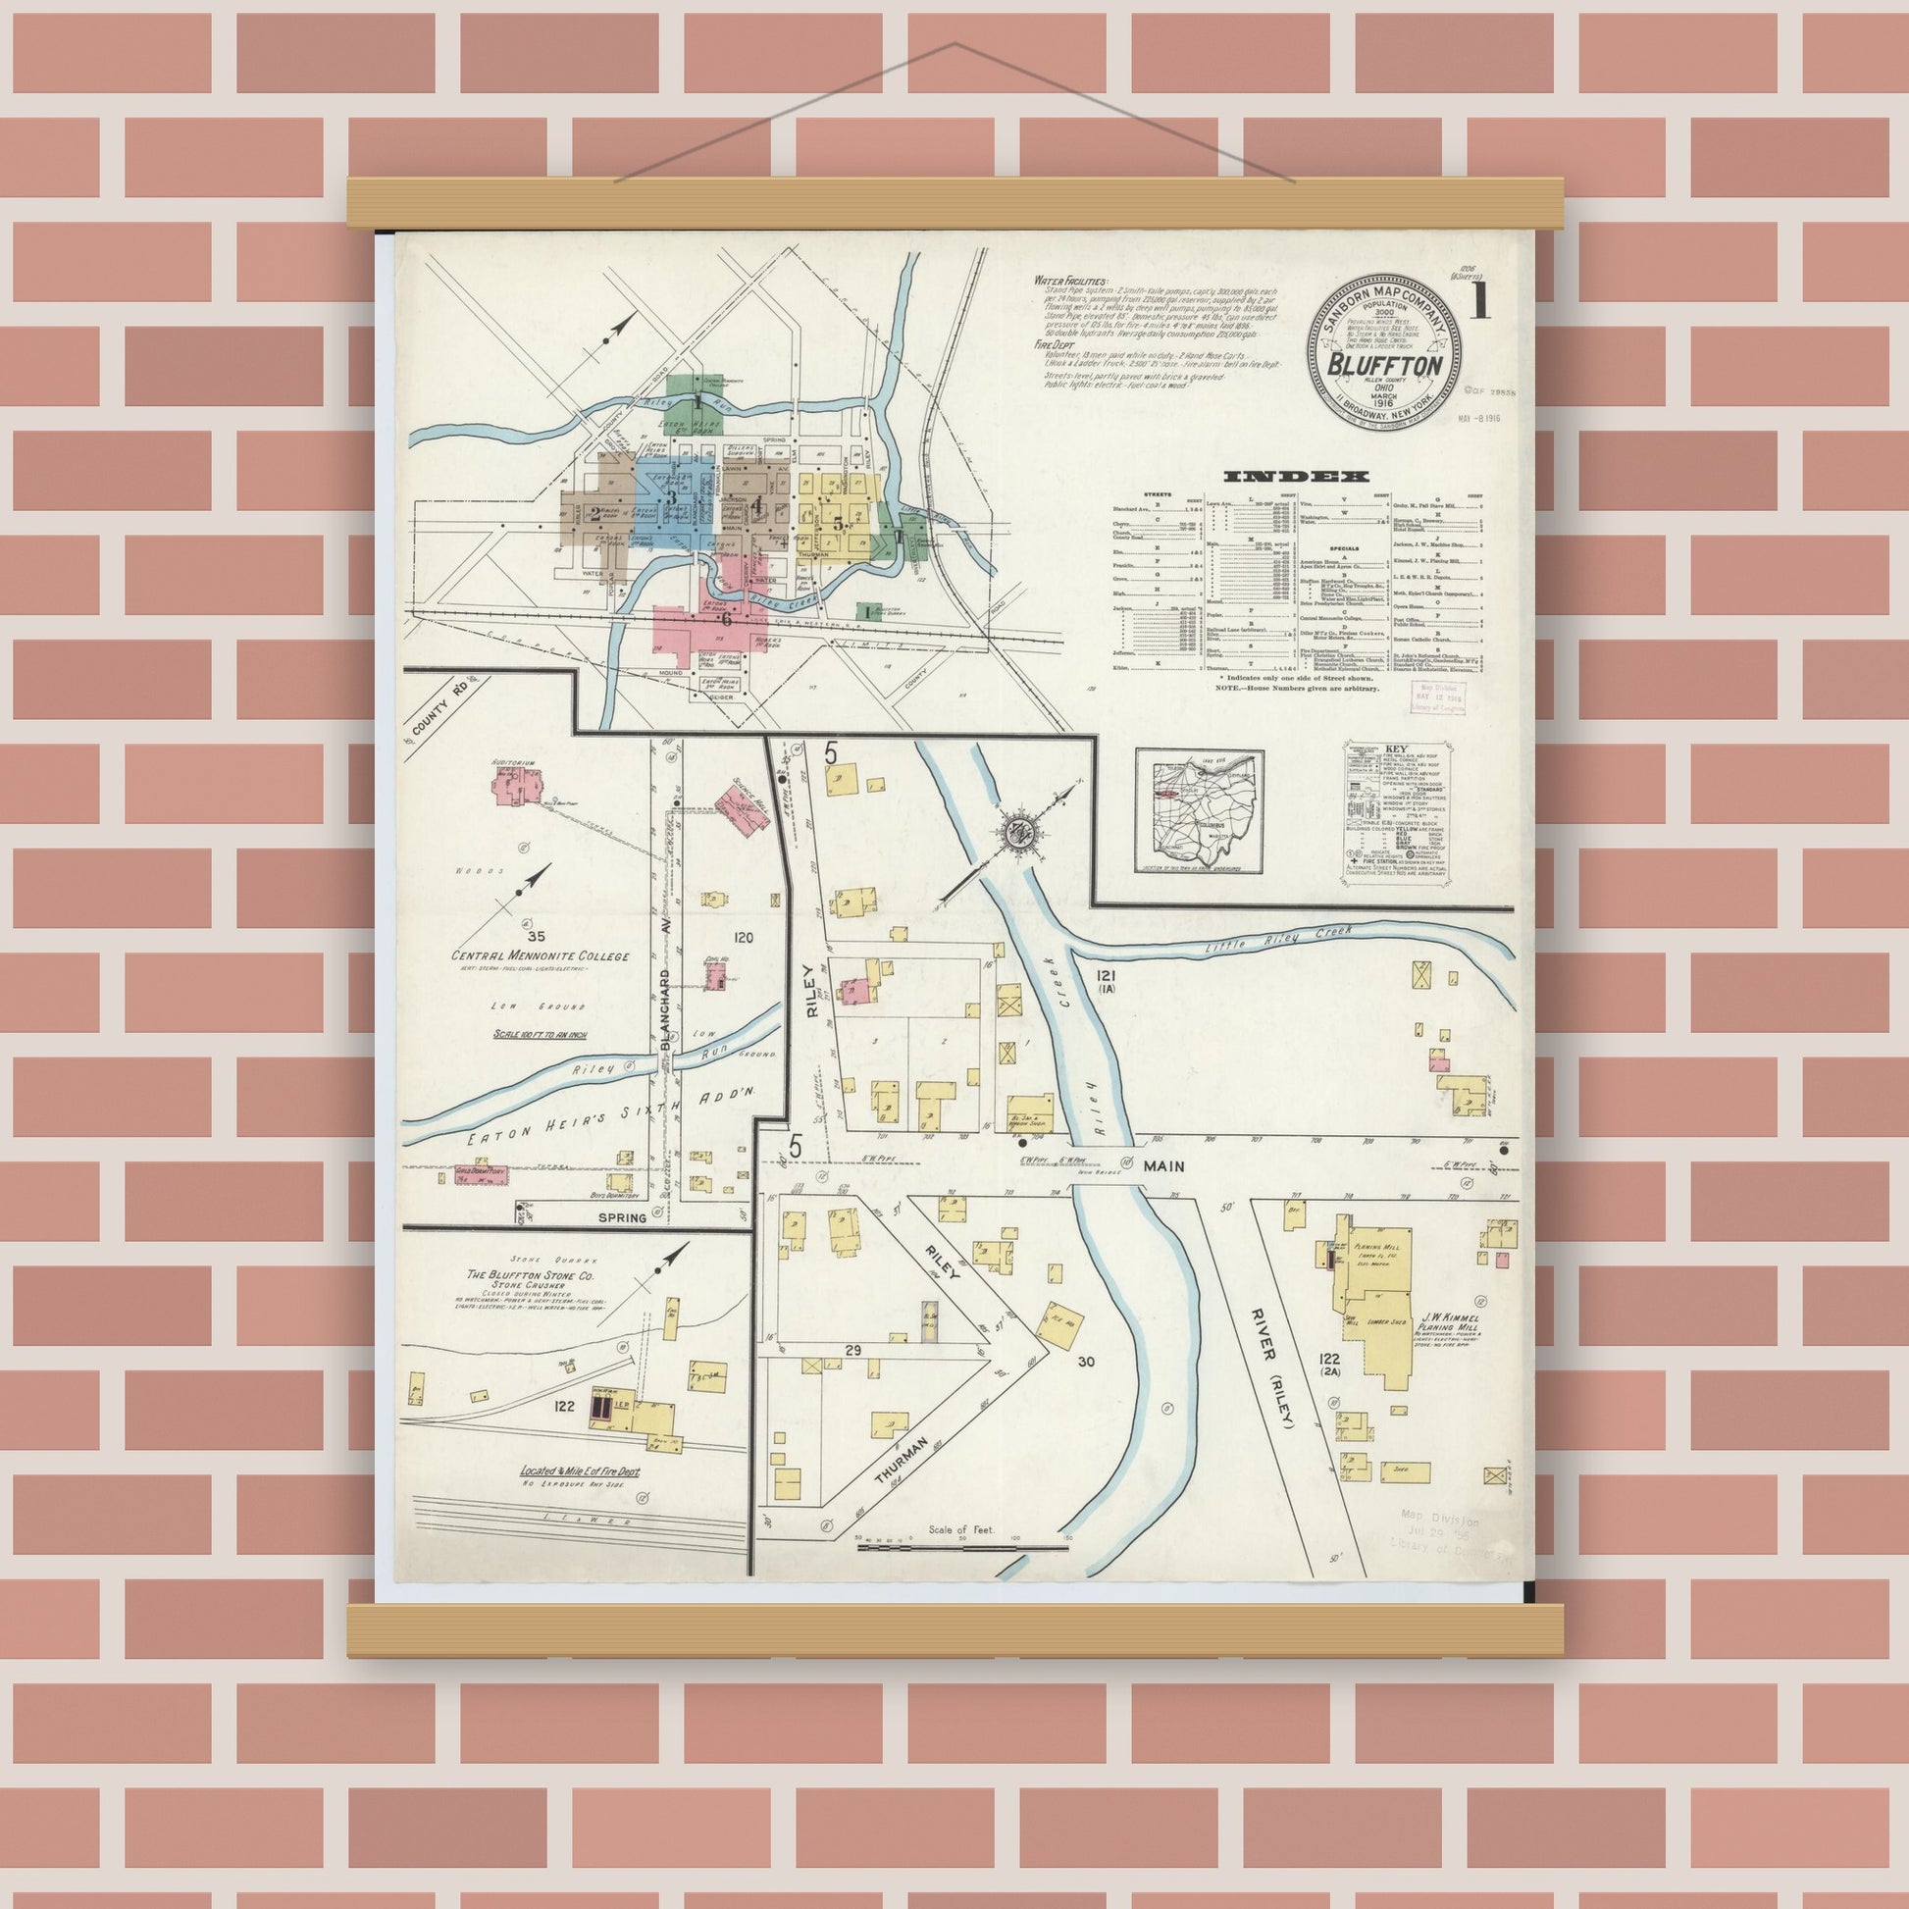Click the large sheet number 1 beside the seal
1480,299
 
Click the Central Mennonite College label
540,955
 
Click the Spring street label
622,1217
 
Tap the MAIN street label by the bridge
1164,1166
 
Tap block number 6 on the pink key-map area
726,620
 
